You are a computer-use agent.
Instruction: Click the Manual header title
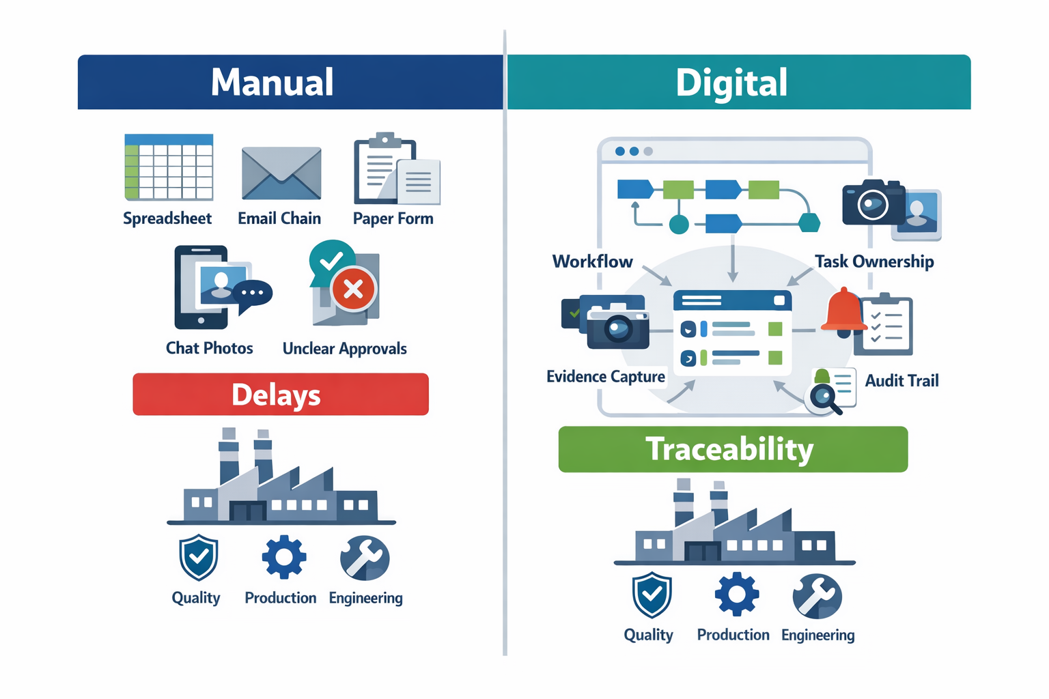(272, 83)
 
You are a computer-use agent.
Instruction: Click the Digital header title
(731, 83)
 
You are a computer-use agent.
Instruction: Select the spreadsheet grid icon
(169, 167)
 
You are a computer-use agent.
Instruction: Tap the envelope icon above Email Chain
(281, 173)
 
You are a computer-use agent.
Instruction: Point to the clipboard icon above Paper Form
(387, 169)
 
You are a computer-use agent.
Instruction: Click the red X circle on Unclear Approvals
(353, 289)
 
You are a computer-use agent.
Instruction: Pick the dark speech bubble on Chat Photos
(253, 294)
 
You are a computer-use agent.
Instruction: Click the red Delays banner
(281, 395)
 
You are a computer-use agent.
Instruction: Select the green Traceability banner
(733, 449)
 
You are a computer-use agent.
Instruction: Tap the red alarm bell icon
(844, 311)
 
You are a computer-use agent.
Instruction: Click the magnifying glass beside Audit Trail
(824, 398)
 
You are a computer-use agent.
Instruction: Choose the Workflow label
(592, 261)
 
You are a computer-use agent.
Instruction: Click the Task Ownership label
(874, 261)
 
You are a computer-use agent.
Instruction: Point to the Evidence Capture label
(605, 377)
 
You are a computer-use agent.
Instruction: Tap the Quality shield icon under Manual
(199, 557)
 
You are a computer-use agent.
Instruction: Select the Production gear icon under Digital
(736, 594)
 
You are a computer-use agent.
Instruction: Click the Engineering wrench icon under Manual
(365, 558)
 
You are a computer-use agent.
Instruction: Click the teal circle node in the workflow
(679, 224)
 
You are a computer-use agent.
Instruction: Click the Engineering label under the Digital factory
(817, 636)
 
